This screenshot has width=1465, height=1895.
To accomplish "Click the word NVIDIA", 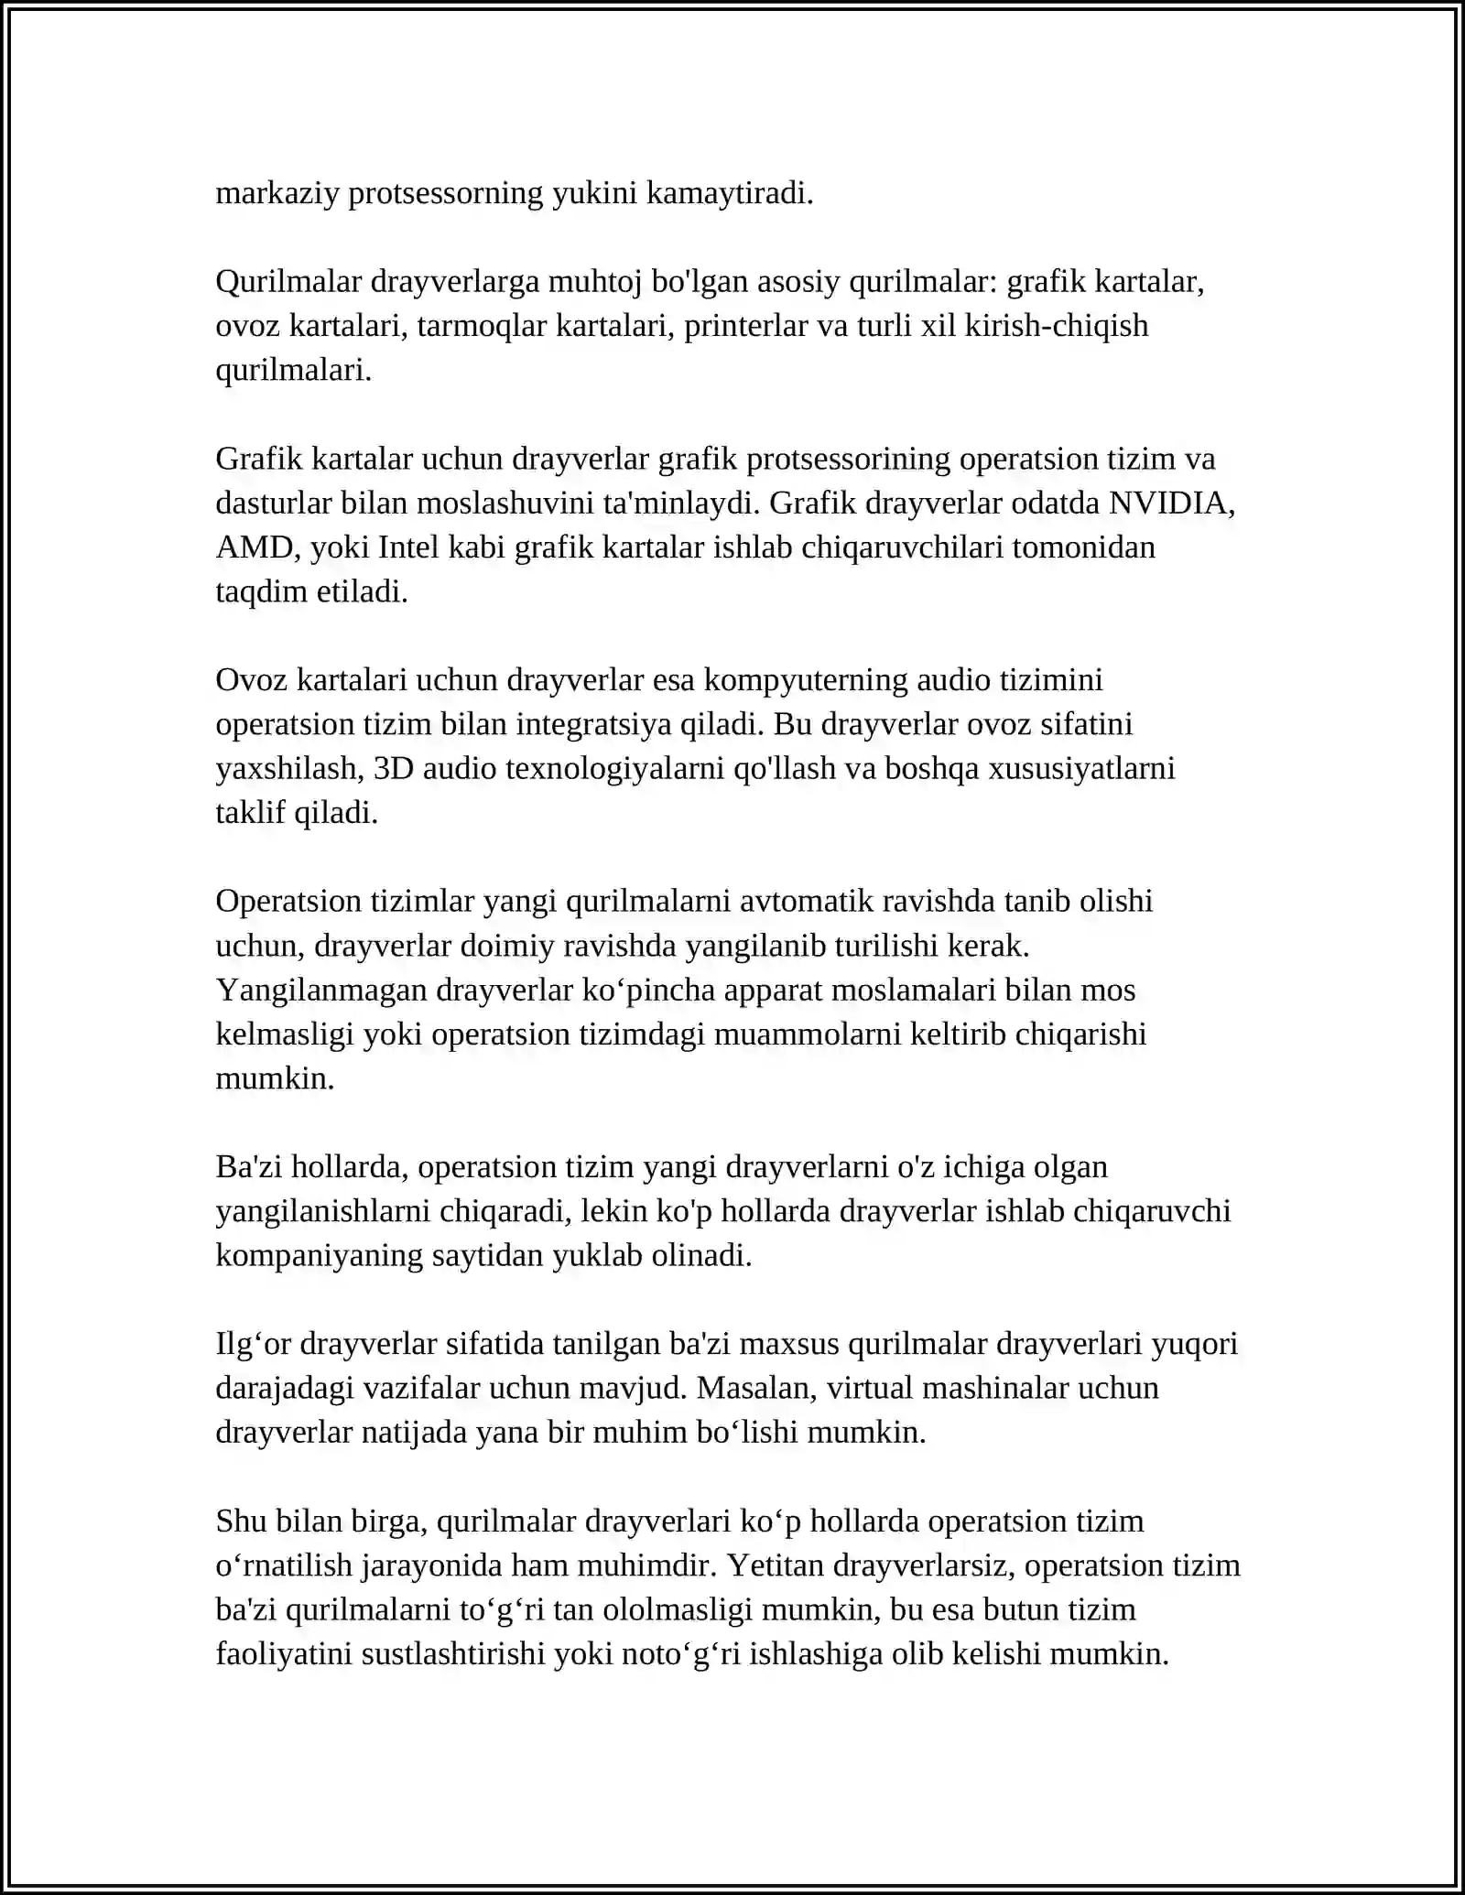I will (x=1171, y=503).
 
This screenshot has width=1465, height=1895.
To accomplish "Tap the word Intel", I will (x=407, y=547).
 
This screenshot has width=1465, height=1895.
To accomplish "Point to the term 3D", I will (x=394, y=768).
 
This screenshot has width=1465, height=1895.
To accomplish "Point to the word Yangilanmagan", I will (x=321, y=990).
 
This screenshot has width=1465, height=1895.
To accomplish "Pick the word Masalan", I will (x=757, y=1388).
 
